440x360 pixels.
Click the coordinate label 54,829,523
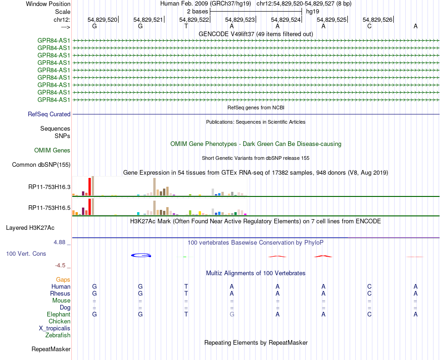(240, 19)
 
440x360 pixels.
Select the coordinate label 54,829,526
(377, 19)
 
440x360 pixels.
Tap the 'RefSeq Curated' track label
(49, 114)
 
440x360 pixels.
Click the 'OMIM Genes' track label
(52, 150)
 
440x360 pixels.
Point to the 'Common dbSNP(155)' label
(41, 164)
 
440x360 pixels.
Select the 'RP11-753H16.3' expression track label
(49, 187)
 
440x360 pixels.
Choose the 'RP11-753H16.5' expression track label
(49, 208)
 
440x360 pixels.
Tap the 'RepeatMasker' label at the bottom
(51, 349)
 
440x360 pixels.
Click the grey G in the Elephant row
(232, 314)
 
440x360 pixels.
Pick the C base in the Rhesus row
(369, 293)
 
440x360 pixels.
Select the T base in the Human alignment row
(186, 286)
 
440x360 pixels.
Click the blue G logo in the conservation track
(141, 255)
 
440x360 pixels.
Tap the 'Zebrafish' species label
(58, 335)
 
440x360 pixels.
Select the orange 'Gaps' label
(63, 279)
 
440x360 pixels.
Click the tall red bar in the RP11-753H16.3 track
(89, 187)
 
